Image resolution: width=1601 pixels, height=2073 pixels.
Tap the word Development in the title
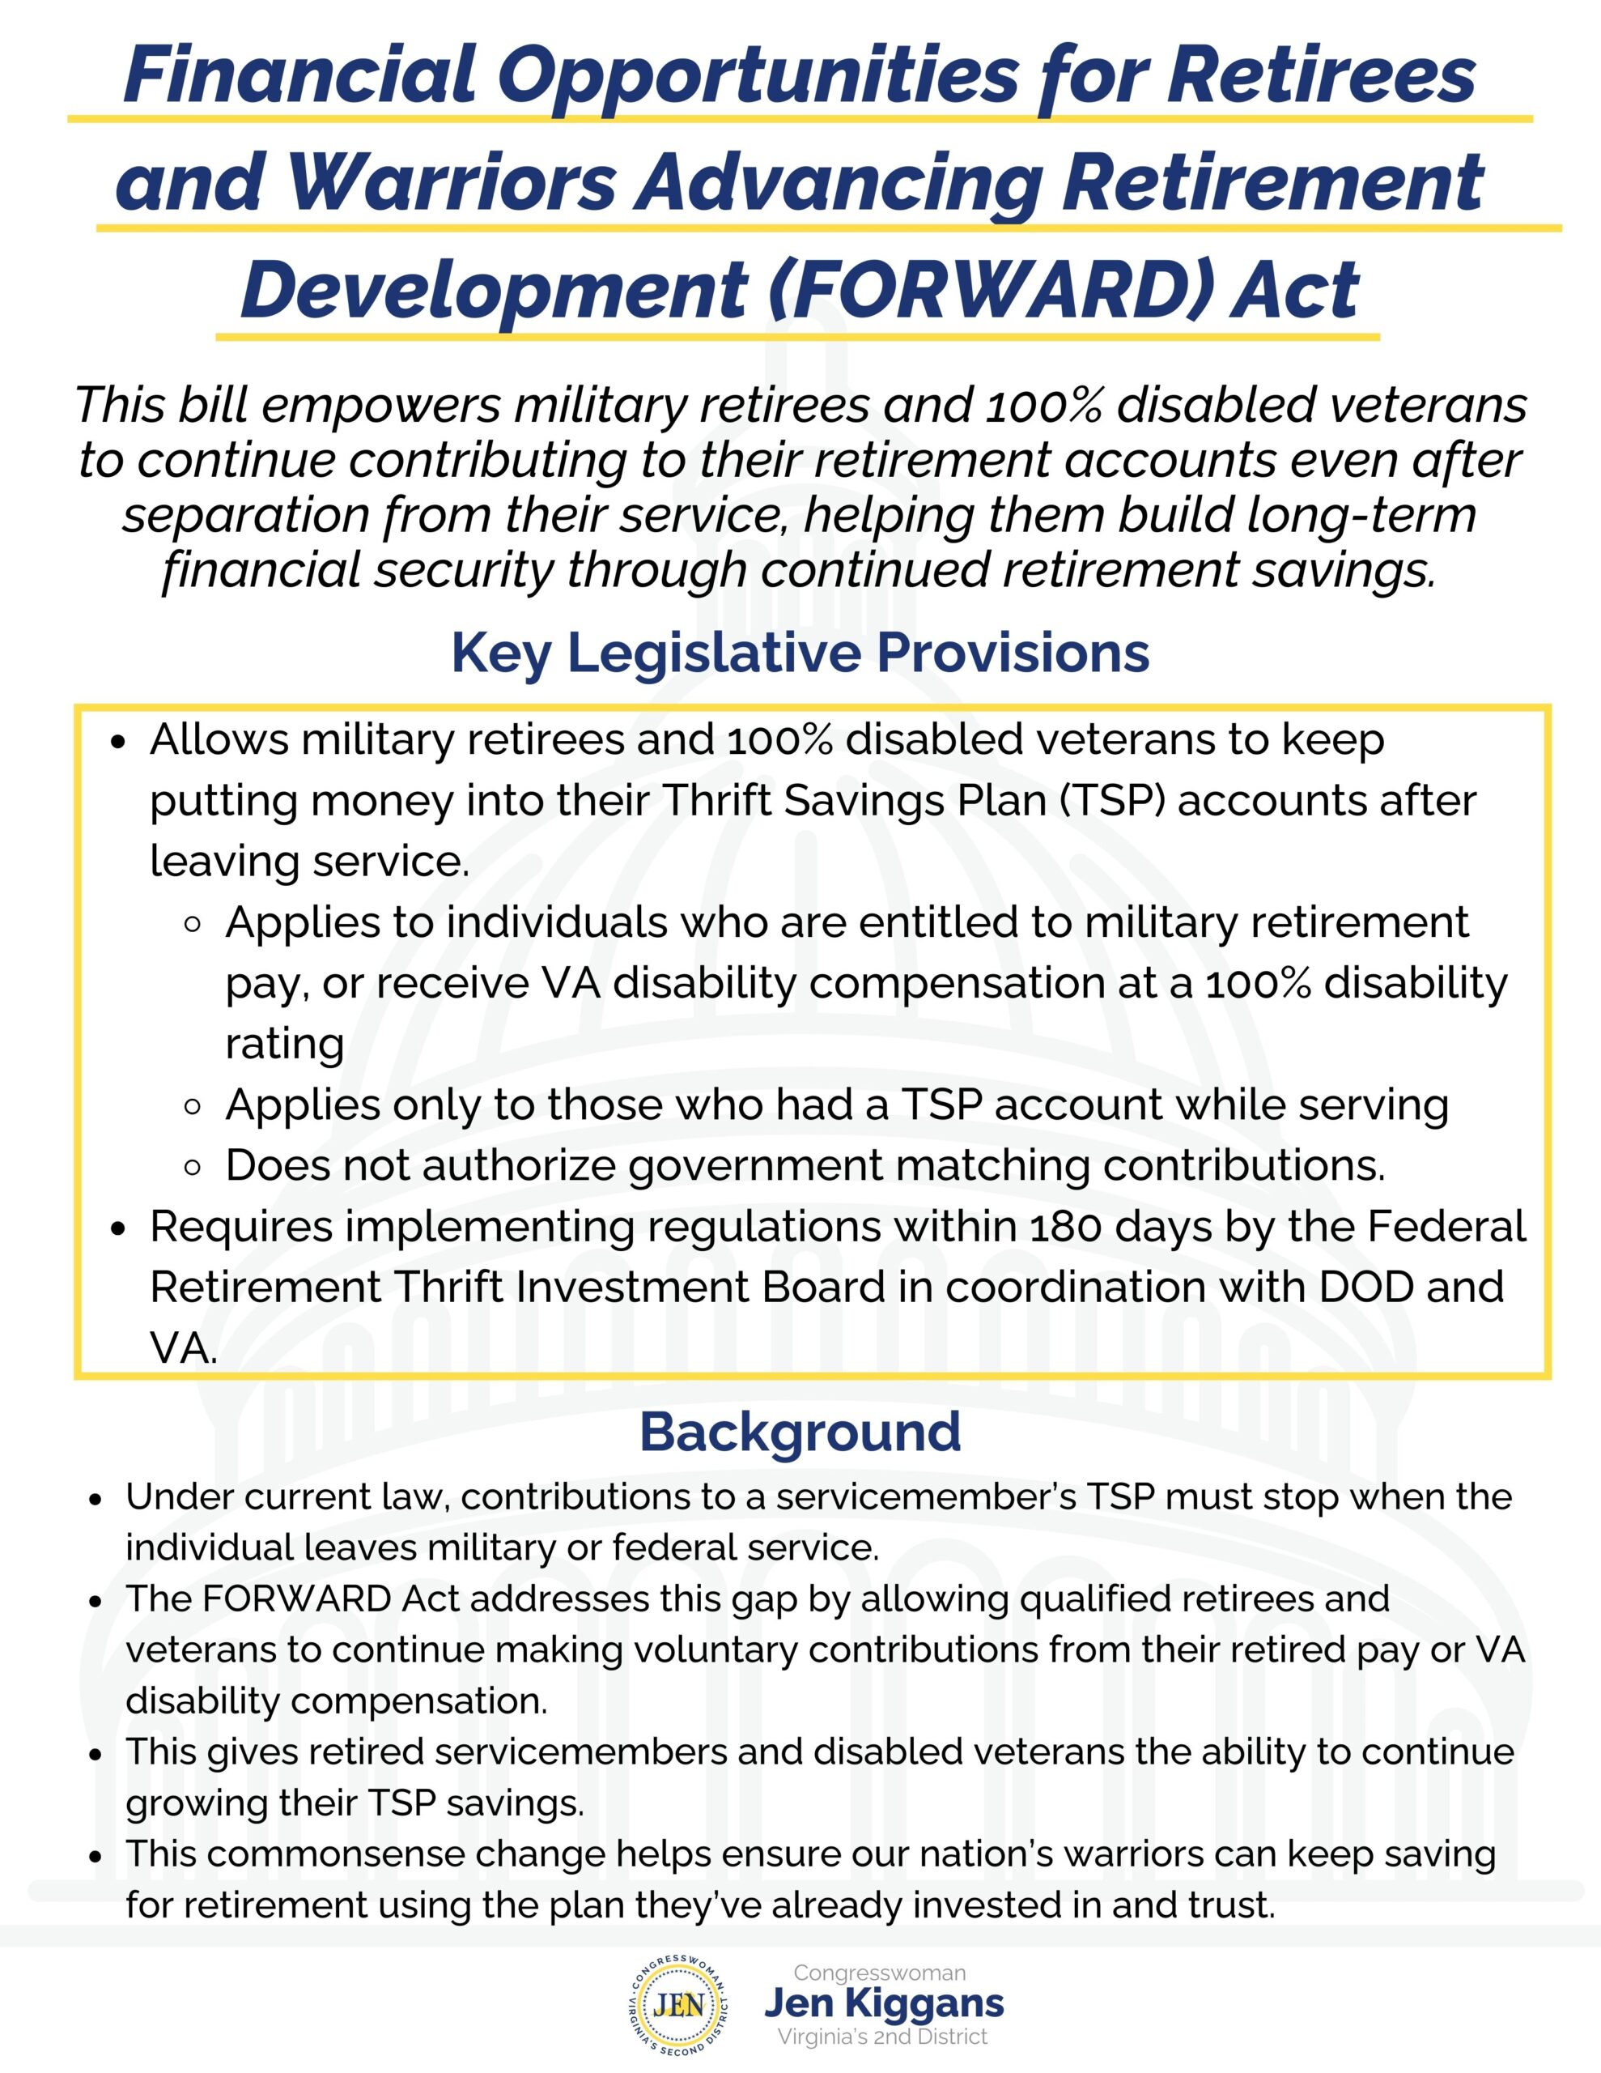point(495,290)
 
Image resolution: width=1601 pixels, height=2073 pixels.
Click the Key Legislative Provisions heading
point(800,653)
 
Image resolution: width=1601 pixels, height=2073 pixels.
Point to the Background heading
point(800,1432)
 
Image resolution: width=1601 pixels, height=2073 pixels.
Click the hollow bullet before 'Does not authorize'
point(193,1167)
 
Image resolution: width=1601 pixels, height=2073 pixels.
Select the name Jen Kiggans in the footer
point(884,2003)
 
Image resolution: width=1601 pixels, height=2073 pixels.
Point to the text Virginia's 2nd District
point(882,2037)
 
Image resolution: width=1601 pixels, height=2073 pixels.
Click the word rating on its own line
point(285,1044)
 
